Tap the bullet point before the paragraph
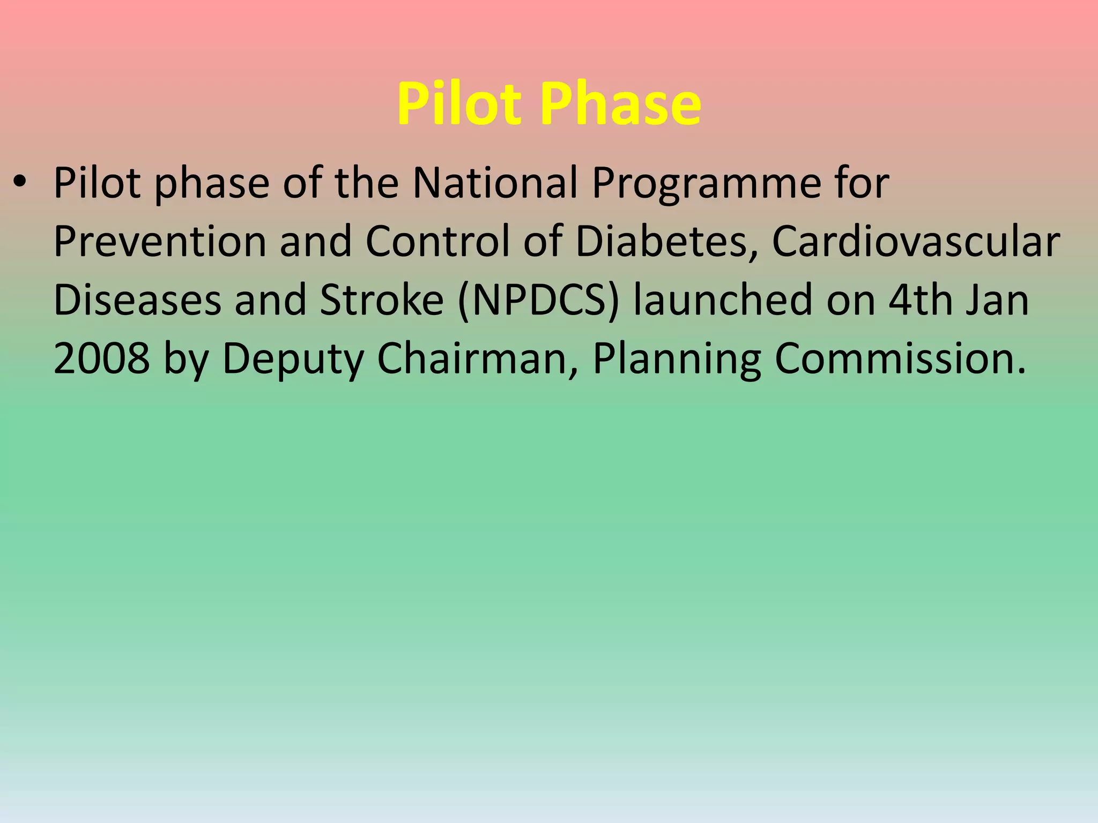pyautogui.click(x=20, y=183)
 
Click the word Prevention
pyautogui.click(x=160, y=242)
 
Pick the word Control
pyautogui.click(x=437, y=242)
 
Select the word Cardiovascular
pyautogui.click(x=916, y=242)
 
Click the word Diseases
pyautogui.click(x=137, y=300)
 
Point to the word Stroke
pyautogui.click(x=382, y=300)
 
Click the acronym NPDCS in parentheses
pyautogui.click(x=539, y=300)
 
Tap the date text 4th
pyautogui.click(x=919, y=300)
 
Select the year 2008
pyautogui.click(x=102, y=358)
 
